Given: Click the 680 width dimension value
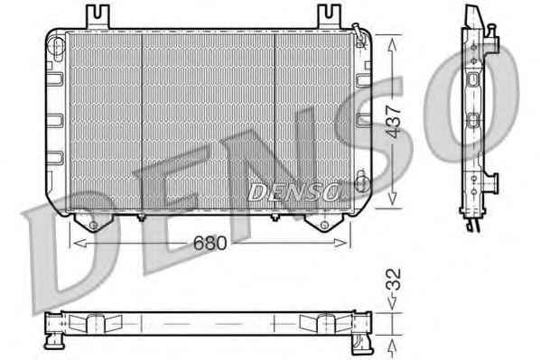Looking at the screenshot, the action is (209, 243).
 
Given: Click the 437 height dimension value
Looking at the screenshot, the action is (394, 122).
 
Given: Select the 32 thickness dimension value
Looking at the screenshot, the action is (394, 279).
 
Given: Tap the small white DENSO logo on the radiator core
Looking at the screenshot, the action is (293, 192).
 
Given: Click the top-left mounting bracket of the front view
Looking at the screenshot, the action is (98, 17).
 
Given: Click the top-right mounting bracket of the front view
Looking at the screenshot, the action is (329, 17).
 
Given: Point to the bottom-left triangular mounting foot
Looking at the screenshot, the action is (93, 223).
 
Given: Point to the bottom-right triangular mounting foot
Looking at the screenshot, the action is (324, 223).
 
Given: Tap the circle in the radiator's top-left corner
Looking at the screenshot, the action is (57, 45).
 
